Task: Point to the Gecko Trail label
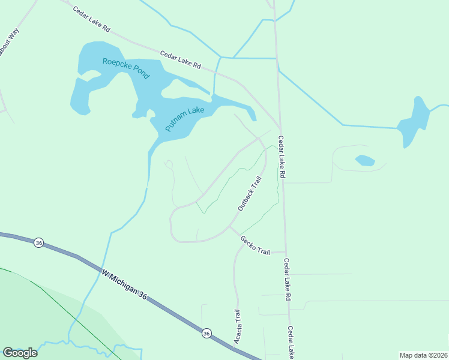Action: [x=255, y=245]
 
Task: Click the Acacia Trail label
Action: [x=238, y=327]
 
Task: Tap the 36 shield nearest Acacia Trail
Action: [x=206, y=333]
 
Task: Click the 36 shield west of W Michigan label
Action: [x=39, y=243]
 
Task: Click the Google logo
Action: [x=20, y=352]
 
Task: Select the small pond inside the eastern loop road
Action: [x=365, y=160]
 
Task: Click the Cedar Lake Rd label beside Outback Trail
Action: [x=280, y=157]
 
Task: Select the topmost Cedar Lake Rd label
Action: [x=92, y=19]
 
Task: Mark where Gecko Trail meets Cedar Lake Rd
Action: [x=286, y=253]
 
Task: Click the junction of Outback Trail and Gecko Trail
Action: [x=229, y=227]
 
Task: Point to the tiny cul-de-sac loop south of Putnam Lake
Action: [x=169, y=164]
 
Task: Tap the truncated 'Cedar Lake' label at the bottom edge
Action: [x=291, y=343]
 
